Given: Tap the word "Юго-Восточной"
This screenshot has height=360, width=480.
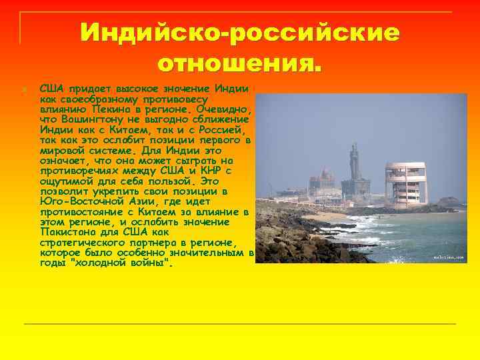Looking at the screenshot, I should (79, 201).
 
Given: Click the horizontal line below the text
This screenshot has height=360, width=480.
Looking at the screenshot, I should (240, 324).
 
